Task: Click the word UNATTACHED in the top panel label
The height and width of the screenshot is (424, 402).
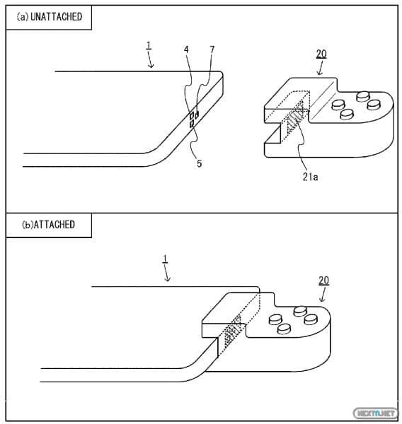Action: (57, 17)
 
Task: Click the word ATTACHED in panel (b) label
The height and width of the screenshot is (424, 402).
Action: (54, 225)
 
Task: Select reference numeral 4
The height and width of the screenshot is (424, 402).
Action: (186, 49)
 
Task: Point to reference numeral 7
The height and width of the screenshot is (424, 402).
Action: (212, 49)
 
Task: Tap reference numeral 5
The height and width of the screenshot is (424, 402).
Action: (200, 164)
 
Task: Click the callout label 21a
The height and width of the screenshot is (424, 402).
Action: (311, 177)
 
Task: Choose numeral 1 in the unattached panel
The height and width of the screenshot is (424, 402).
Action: (149, 45)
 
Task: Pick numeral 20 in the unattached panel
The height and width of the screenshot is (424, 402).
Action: (321, 54)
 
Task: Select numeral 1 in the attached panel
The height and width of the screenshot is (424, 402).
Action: (165, 259)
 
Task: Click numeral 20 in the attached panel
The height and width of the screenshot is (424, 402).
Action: (323, 281)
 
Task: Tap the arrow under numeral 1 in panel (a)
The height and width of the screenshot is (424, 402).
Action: (150, 60)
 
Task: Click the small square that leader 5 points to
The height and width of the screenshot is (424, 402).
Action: (192, 124)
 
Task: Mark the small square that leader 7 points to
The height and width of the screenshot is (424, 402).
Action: (197, 114)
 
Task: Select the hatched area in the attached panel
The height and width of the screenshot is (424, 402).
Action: (233, 331)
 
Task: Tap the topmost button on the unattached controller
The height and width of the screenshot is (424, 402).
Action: (363, 96)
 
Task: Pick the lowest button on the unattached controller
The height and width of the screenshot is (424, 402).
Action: (347, 114)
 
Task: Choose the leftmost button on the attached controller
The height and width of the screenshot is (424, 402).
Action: (275, 319)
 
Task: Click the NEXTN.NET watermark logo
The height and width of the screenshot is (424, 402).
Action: (375, 413)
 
